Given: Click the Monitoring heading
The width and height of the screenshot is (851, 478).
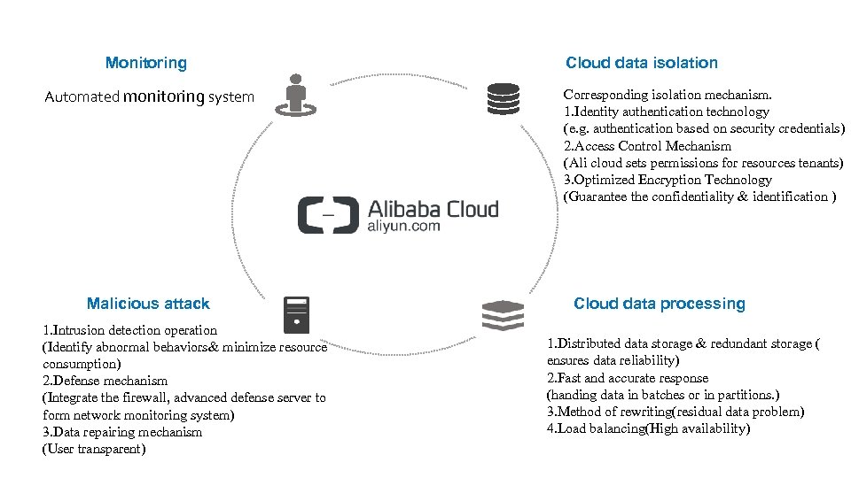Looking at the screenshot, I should click(x=145, y=63).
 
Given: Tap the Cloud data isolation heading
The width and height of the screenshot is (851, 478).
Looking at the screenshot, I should click(x=641, y=63).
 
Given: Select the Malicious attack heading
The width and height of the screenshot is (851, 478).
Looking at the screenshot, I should click(x=148, y=304).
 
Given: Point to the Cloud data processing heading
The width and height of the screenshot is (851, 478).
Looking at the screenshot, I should click(x=659, y=304).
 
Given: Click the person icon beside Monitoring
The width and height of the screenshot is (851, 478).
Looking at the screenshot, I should click(x=296, y=95).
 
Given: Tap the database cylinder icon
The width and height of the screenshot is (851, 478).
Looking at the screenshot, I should click(x=503, y=98).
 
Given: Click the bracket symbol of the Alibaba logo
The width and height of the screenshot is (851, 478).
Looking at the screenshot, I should click(x=327, y=215).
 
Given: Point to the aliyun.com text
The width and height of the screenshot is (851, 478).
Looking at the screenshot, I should click(x=403, y=227).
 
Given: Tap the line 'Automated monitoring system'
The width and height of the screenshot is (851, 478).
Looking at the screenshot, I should click(x=149, y=96).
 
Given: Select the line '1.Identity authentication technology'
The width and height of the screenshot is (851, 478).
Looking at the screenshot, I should click(x=666, y=112).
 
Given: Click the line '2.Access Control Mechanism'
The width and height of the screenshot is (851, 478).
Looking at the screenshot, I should click(x=647, y=146).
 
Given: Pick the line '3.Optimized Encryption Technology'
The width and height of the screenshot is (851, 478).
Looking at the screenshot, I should click(x=668, y=180).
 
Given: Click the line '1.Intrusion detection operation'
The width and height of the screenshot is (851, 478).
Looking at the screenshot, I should click(x=129, y=330).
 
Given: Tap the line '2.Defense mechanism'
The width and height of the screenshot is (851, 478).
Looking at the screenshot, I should click(x=105, y=381).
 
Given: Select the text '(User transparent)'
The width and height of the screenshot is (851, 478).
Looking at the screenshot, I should click(x=93, y=449).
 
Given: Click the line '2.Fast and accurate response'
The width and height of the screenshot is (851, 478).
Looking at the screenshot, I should click(x=628, y=378).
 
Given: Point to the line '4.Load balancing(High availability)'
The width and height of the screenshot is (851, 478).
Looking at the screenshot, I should click(x=648, y=428).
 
